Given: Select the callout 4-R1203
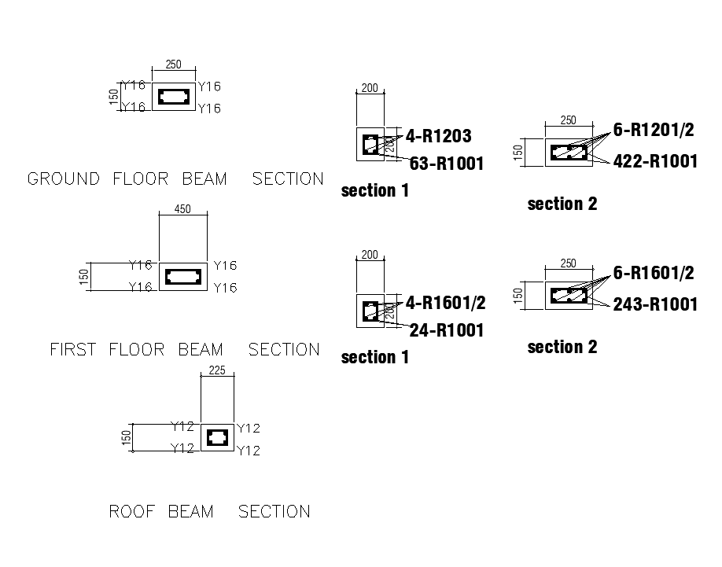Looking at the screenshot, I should point(438,136).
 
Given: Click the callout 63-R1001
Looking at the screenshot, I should point(446,164).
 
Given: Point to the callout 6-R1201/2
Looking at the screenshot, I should point(654,130).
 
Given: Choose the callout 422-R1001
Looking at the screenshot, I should point(655,161).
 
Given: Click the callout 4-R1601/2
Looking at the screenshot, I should point(445,303).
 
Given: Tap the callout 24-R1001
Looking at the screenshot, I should point(446,330).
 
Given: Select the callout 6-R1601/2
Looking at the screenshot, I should point(654,273).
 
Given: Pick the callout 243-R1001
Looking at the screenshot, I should point(655,304).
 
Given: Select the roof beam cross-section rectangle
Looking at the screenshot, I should point(217,437).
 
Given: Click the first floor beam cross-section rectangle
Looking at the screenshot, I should point(183,277).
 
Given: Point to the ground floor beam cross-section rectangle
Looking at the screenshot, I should point(173,97).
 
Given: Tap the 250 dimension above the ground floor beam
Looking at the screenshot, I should point(173,64).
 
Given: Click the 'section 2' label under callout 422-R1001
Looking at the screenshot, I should point(562,204).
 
